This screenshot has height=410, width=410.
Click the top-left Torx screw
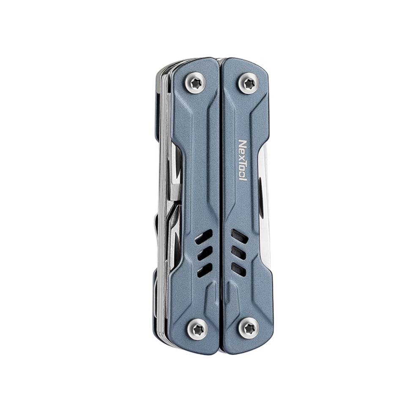(x=196, y=83)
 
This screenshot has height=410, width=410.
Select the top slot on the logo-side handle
(x=239, y=237)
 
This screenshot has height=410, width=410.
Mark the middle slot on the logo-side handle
(x=238, y=252)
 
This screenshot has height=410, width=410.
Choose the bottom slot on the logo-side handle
(x=238, y=267)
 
